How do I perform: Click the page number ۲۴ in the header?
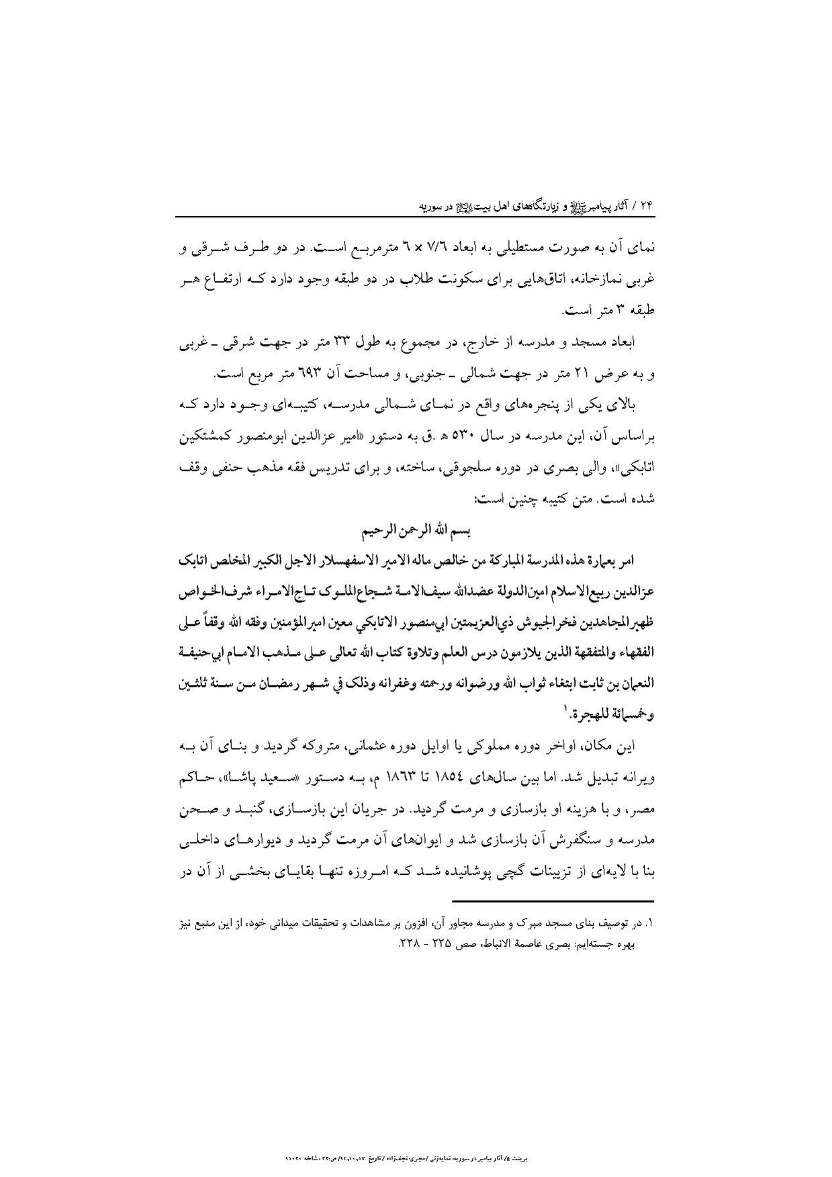647,205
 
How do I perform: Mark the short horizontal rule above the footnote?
552,901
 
